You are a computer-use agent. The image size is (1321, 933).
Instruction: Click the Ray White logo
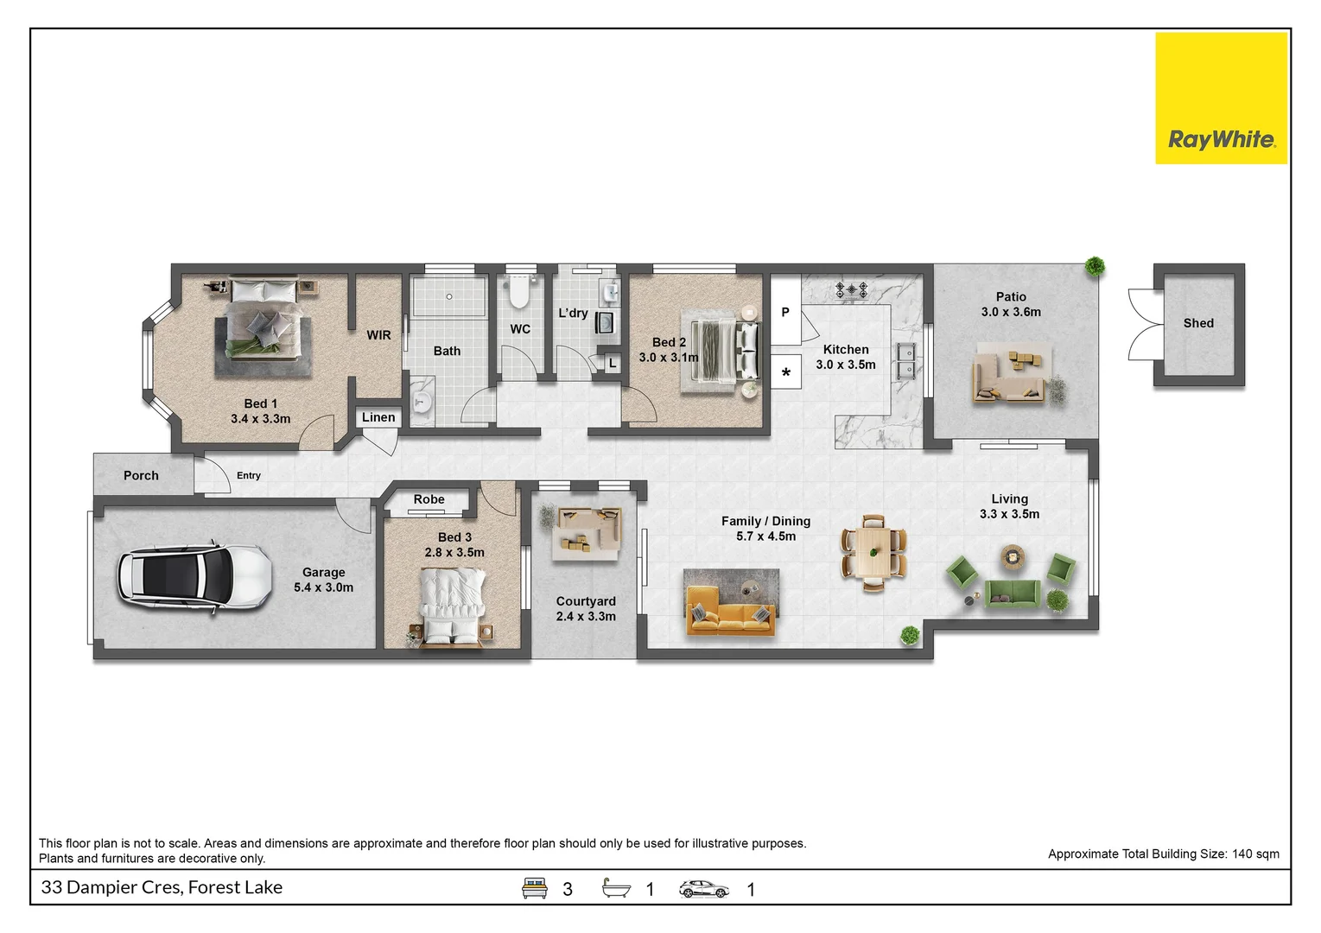pos(1220,98)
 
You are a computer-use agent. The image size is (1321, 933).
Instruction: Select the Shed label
pos(1197,323)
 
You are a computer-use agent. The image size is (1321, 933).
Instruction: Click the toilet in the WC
pos(518,292)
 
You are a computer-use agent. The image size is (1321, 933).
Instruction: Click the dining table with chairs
pos(873,553)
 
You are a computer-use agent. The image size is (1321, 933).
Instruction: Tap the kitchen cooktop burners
pos(851,289)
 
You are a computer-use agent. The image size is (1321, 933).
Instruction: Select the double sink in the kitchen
pos(905,361)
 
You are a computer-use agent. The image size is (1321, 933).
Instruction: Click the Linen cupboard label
pos(378,417)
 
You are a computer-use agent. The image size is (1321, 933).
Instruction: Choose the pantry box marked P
pos(785,312)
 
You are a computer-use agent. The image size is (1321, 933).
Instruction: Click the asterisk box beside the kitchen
pos(786,373)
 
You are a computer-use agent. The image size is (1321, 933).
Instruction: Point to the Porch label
pos(141,475)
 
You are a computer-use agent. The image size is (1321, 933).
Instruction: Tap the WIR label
pos(378,335)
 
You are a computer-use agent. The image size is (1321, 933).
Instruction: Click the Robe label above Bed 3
pos(429,499)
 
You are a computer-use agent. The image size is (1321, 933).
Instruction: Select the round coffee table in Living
pos(1010,556)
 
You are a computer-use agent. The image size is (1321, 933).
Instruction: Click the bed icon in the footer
pos(535,888)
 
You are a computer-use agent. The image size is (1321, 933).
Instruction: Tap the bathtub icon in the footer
pos(616,888)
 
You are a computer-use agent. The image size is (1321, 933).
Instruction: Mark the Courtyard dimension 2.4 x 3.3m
pos(586,617)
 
